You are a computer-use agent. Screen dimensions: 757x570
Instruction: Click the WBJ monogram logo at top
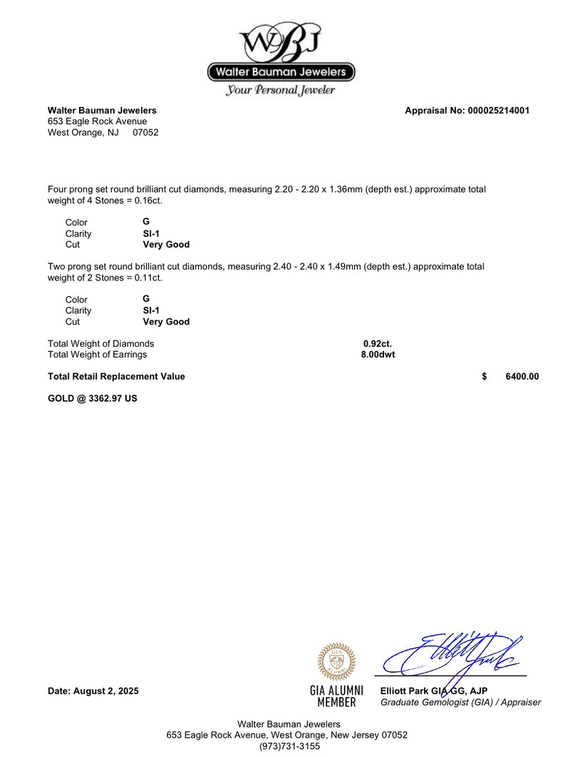[281, 41]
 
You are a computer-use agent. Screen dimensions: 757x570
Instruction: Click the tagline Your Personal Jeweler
[281, 91]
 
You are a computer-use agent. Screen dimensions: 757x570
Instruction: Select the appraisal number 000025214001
[498, 111]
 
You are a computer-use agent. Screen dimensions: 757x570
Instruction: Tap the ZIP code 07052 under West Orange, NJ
[145, 133]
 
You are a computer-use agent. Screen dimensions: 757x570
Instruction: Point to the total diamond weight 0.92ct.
[378, 344]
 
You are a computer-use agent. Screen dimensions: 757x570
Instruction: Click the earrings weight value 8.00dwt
[378, 355]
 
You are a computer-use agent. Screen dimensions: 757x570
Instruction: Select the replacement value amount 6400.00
[522, 377]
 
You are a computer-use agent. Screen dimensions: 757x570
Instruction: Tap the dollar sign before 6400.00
[484, 377]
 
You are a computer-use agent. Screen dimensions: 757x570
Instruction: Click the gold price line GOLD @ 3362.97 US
[93, 398]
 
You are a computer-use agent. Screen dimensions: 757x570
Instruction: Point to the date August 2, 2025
[93, 691]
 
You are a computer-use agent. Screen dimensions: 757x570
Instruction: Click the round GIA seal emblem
[336, 661]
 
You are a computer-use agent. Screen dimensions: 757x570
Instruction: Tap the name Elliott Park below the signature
[405, 691]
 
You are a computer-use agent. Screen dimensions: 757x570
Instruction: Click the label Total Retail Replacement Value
[116, 377]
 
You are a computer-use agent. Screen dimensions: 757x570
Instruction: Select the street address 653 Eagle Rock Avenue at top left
[98, 121]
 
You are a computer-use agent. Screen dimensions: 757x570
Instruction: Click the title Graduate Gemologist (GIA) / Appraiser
[460, 703]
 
